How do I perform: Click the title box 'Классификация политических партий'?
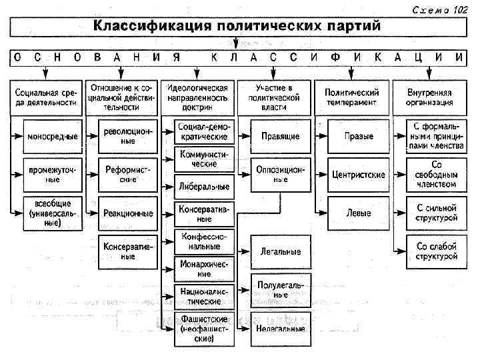click(237, 27)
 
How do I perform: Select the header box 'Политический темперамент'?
click(351, 97)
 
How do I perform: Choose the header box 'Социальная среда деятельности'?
click(43, 97)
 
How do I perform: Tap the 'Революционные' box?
click(125, 137)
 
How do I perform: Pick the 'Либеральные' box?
click(204, 186)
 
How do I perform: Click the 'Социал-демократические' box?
click(204, 131)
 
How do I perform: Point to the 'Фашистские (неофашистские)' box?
click(204, 328)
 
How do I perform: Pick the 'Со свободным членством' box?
click(437, 175)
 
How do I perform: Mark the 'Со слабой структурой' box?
click(437, 251)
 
